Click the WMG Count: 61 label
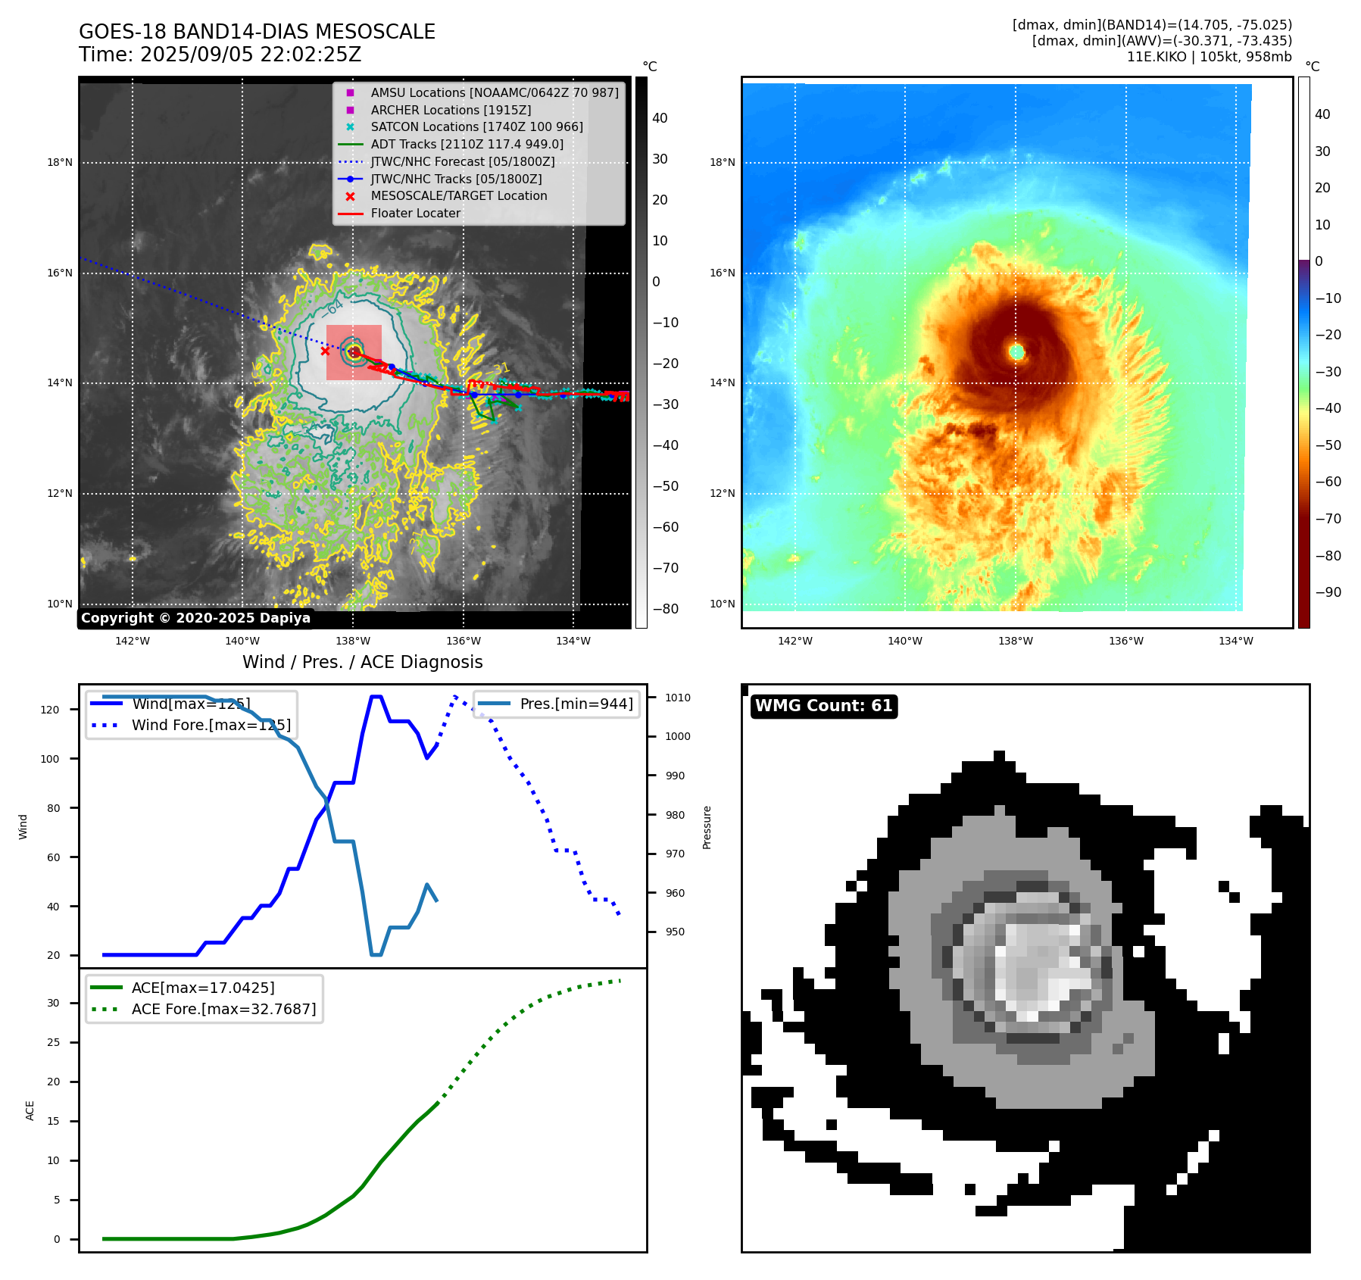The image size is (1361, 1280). (x=823, y=706)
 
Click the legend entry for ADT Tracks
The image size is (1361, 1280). (x=467, y=144)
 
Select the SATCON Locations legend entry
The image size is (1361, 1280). (x=476, y=126)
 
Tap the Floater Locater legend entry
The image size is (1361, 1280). (x=415, y=213)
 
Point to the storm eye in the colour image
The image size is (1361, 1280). (x=1016, y=351)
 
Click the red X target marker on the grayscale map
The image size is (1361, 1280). (x=325, y=351)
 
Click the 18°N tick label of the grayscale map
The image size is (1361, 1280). (x=60, y=162)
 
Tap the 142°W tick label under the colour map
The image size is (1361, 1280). (x=794, y=641)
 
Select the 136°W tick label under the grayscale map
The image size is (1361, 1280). (x=463, y=641)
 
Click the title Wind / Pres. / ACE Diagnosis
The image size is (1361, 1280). (x=362, y=662)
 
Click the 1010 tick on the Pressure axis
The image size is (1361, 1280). (x=678, y=698)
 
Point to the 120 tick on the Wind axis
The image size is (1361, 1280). (x=50, y=710)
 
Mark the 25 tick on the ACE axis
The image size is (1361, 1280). (x=53, y=1042)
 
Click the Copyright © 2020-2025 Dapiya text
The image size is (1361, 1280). (x=195, y=618)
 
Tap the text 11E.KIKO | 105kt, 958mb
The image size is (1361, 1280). (x=1209, y=57)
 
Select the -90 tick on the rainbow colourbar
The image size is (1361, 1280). (x=1328, y=592)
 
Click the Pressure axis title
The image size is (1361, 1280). (x=707, y=827)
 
